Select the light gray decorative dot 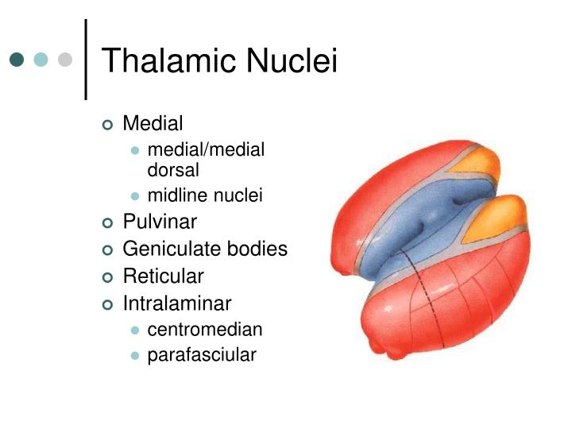[x=65, y=60]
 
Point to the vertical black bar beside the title [x=85, y=60]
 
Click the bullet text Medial [x=153, y=124]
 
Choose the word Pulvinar [x=160, y=222]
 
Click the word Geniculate [x=170, y=249]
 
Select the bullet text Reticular [x=163, y=276]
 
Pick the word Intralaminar [x=176, y=303]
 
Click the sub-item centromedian [x=205, y=329]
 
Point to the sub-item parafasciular [x=202, y=355]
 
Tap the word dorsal [x=173, y=170]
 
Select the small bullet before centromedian [x=135, y=330]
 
